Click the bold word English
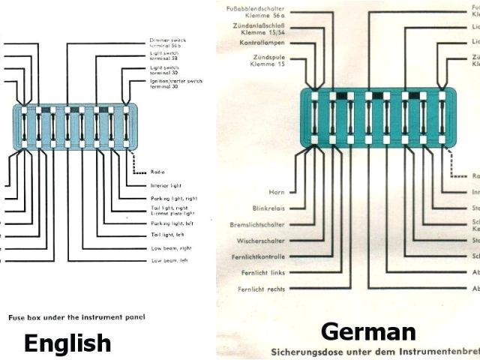[x=67, y=343]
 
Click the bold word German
[x=368, y=331]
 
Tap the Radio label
[x=157, y=171]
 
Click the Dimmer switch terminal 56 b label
[x=169, y=43]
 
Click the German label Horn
[x=277, y=192]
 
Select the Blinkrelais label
[x=269, y=208]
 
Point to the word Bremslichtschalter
[x=258, y=224]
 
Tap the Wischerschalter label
[x=263, y=241]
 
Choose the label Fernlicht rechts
[x=262, y=289]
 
